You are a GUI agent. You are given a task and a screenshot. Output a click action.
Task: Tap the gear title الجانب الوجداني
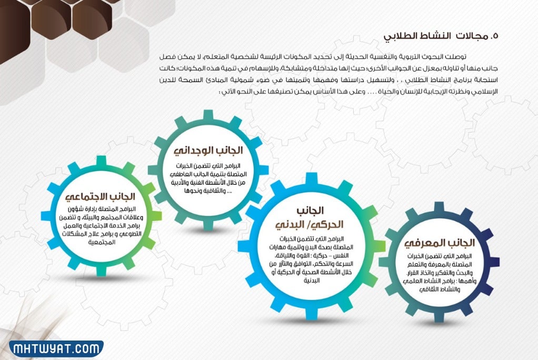point(208,148)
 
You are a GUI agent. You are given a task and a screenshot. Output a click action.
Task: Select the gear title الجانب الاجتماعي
point(101,197)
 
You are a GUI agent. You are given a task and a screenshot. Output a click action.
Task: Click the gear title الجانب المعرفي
point(440,243)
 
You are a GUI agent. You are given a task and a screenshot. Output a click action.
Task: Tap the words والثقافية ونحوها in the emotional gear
point(207,191)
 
